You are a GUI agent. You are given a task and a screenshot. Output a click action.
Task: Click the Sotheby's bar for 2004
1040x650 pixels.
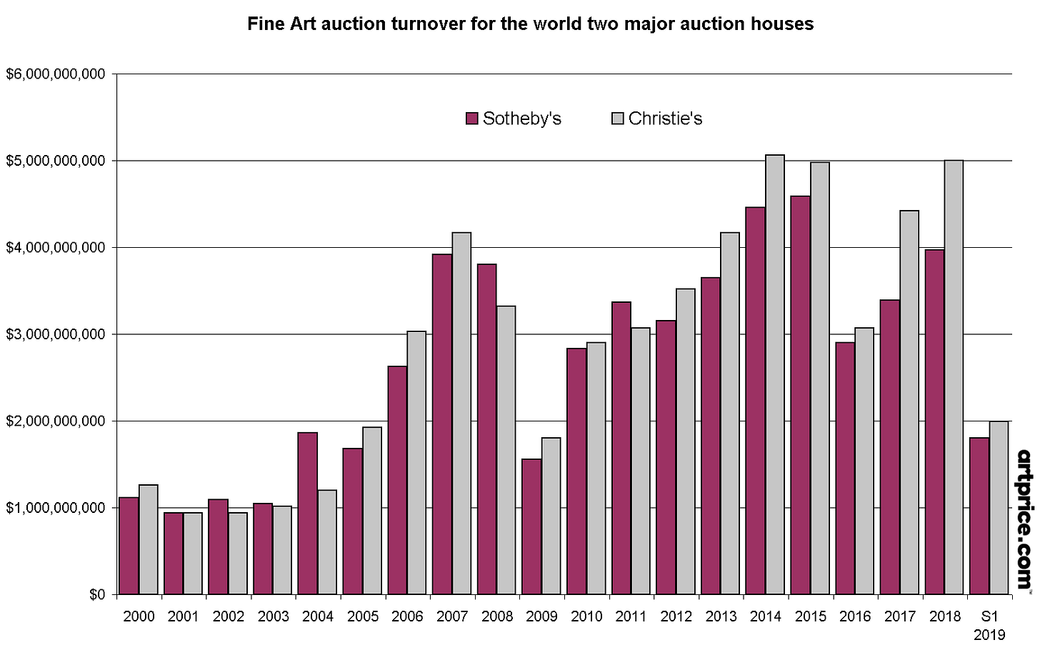pyautogui.click(x=308, y=513)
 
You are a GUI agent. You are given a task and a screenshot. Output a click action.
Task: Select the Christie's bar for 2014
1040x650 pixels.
pyautogui.click(x=775, y=374)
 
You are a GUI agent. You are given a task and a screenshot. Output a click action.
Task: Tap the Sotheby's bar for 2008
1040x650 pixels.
pyautogui.click(x=487, y=429)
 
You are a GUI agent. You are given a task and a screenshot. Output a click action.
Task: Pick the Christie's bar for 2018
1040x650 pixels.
pyautogui.click(x=954, y=377)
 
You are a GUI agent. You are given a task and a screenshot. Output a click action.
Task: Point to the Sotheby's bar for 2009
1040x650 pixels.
pyautogui.click(x=531, y=526)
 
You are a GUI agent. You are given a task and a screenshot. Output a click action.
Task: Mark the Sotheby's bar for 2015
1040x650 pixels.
pyautogui.click(x=800, y=394)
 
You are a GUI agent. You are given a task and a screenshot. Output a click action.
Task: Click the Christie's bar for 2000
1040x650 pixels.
pyautogui.click(x=149, y=539)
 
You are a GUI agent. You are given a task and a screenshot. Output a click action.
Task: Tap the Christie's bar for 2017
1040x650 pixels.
pyautogui.click(x=909, y=402)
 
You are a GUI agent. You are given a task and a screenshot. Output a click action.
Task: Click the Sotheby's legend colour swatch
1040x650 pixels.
pyautogui.click(x=471, y=119)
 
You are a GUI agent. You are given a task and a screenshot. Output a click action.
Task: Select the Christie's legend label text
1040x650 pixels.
pyautogui.click(x=665, y=119)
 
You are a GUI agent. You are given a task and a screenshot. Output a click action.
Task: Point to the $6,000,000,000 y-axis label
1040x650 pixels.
pyautogui.click(x=55, y=74)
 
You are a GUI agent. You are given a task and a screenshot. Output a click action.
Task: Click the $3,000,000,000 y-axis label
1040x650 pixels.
pyautogui.click(x=55, y=334)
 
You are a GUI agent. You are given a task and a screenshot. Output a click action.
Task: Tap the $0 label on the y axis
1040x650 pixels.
pyautogui.click(x=97, y=594)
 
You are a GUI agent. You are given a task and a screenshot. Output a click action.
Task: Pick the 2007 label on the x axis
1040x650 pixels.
pyautogui.click(x=452, y=616)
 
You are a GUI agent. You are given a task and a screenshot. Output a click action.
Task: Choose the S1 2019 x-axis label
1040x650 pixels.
pyautogui.click(x=989, y=624)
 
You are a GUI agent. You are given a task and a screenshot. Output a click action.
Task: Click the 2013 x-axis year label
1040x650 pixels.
pyautogui.click(x=721, y=616)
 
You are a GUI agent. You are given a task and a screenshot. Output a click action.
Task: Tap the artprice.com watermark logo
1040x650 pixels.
pyautogui.click(x=1024, y=519)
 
